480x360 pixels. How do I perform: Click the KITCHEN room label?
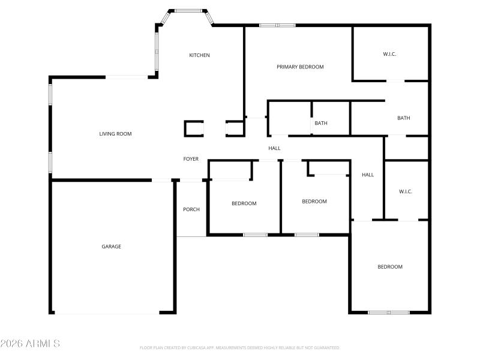[x=199, y=55]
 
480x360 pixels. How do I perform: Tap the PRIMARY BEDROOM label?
[x=300, y=67]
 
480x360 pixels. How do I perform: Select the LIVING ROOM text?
[x=115, y=134]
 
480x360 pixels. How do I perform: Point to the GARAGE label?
[x=111, y=247]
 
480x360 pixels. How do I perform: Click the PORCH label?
[x=191, y=209]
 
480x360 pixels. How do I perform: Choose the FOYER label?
[x=191, y=159]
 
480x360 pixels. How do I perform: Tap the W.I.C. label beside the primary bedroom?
[x=389, y=54]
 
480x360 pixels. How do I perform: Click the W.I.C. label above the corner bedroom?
[x=406, y=191]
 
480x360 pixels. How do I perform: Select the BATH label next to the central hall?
[x=321, y=124]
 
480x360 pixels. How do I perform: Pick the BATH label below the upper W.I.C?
[x=404, y=118]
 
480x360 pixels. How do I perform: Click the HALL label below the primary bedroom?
[x=274, y=148]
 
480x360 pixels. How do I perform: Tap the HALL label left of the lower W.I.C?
[x=368, y=175]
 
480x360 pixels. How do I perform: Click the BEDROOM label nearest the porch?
[x=244, y=203]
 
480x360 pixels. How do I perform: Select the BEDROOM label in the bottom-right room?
[x=389, y=266]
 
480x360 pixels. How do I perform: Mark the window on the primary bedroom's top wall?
[x=277, y=25]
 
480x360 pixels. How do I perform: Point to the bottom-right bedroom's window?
[x=388, y=312]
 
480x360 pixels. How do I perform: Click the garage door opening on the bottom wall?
[x=107, y=313]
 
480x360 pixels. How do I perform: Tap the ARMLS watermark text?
[x=30, y=344]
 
